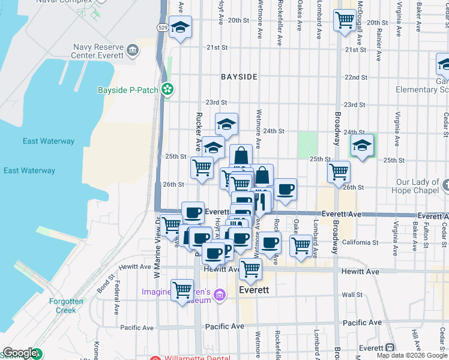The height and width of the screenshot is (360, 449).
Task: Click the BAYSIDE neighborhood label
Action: [x=239, y=77]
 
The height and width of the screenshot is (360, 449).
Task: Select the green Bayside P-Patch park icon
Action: [x=168, y=90]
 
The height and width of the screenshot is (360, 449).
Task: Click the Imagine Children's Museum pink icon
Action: [x=220, y=294]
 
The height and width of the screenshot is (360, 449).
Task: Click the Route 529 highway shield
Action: [x=163, y=28]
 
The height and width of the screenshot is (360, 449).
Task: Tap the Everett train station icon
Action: [x=390, y=347]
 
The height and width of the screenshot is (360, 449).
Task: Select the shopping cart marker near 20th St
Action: [x=345, y=20]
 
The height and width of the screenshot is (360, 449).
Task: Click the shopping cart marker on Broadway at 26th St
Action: [x=339, y=172]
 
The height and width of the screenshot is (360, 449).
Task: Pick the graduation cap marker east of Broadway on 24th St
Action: [x=362, y=145]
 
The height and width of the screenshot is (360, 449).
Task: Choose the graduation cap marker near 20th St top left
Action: [x=180, y=27]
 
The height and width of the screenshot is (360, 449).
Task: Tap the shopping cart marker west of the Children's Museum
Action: [x=182, y=290]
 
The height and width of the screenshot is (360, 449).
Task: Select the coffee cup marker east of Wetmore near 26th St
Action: [x=285, y=190]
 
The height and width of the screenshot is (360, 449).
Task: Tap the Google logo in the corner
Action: [x=20, y=353]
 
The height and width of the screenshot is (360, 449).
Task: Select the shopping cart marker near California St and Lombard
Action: [x=300, y=245]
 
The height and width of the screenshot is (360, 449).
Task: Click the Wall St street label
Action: [x=365, y=295]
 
